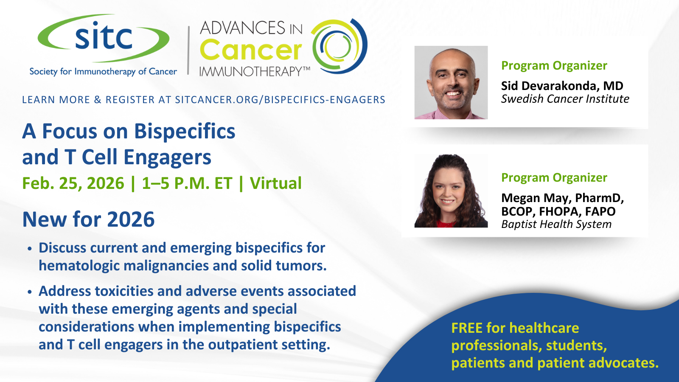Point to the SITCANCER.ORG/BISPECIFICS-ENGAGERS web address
tap(280, 100)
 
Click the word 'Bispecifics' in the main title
tap(185, 131)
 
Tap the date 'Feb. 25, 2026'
tap(73, 183)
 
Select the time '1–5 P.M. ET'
tap(187, 183)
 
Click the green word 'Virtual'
tap(275, 183)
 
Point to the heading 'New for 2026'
tap(89, 219)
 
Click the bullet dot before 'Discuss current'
tap(29, 249)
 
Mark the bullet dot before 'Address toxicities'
tap(29, 292)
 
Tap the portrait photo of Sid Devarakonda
tap(451, 82)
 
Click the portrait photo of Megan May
tap(451, 191)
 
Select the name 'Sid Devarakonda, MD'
tap(562, 86)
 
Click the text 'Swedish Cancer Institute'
tap(565, 99)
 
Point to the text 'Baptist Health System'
tap(556, 225)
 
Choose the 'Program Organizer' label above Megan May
tap(554, 178)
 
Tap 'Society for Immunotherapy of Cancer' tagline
tap(103, 72)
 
